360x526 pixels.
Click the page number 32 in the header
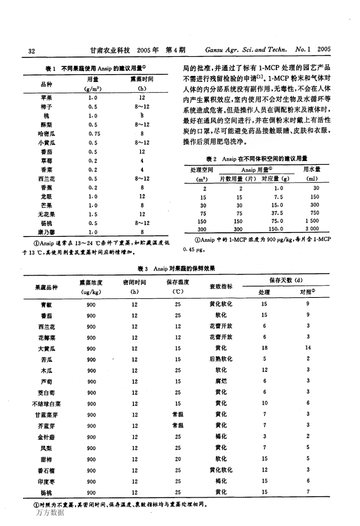(x=31, y=51)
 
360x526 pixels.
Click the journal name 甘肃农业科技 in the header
(x=110, y=50)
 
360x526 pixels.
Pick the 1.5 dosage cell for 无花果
(x=93, y=214)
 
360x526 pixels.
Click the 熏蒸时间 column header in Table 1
(x=142, y=79)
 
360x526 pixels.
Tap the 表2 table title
(x=257, y=159)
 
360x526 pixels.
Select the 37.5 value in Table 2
(x=277, y=213)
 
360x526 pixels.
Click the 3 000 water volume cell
(x=312, y=229)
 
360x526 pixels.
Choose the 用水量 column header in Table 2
(x=312, y=169)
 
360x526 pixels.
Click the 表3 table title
(x=177, y=269)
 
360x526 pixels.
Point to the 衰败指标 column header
(x=221, y=286)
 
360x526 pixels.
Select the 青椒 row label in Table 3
(x=46, y=304)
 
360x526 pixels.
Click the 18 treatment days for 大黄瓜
(x=265, y=348)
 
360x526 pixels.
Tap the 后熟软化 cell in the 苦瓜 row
(x=221, y=358)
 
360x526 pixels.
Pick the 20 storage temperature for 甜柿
(x=178, y=459)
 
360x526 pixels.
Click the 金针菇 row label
(x=46, y=437)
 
